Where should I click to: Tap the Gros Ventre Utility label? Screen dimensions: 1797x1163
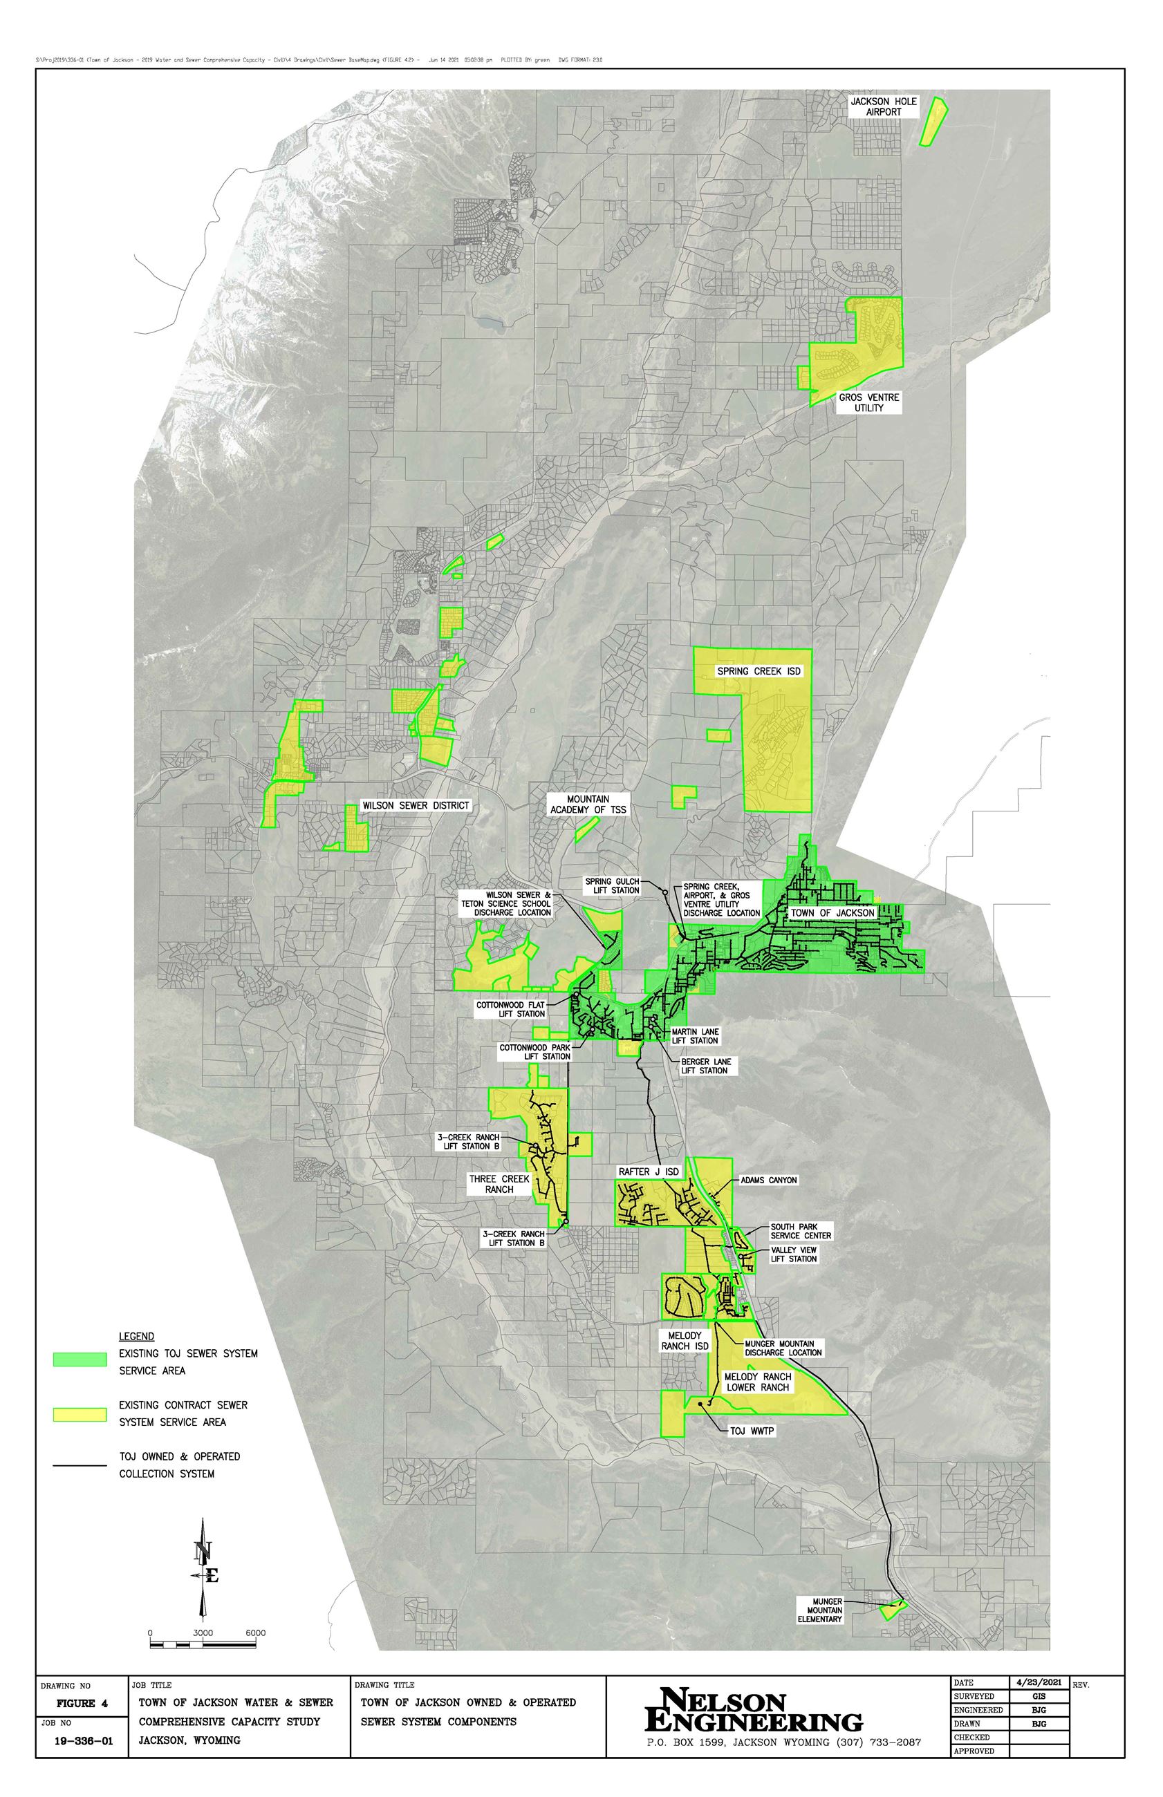(x=868, y=403)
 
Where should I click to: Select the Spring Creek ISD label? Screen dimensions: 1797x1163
(x=759, y=671)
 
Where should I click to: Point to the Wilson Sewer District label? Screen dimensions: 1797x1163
(x=416, y=805)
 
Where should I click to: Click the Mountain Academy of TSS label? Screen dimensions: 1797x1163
(x=588, y=805)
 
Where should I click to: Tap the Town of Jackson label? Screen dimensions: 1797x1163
(x=832, y=912)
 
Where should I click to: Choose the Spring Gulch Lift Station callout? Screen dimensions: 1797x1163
(x=612, y=886)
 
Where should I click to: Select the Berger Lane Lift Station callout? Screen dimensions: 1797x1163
(x=705, y=1066)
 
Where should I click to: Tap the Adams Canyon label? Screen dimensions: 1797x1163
(x=768, y=1180)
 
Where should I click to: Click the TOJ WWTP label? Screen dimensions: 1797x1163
(x=752, y=1431)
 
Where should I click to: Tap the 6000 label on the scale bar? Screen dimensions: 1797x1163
(x=255, y=1633)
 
